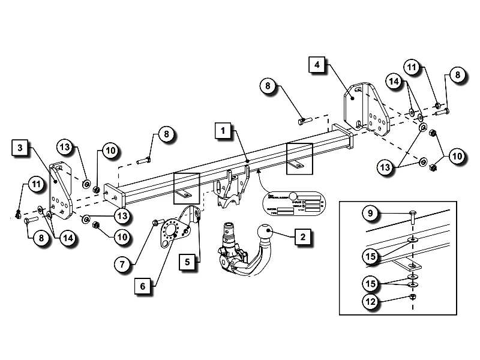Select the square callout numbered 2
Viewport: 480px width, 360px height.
pyautogui.click(x=303, y=237)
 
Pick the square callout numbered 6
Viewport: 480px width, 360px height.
pyautogui.click(x=143, y=287)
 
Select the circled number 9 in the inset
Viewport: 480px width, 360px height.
pyautogui.click(x=371, y=214)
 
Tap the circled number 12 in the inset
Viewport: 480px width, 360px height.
pyautogui.click(x=371, y=302)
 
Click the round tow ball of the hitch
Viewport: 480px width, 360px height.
pyautogui.click(x=265, y=233)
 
